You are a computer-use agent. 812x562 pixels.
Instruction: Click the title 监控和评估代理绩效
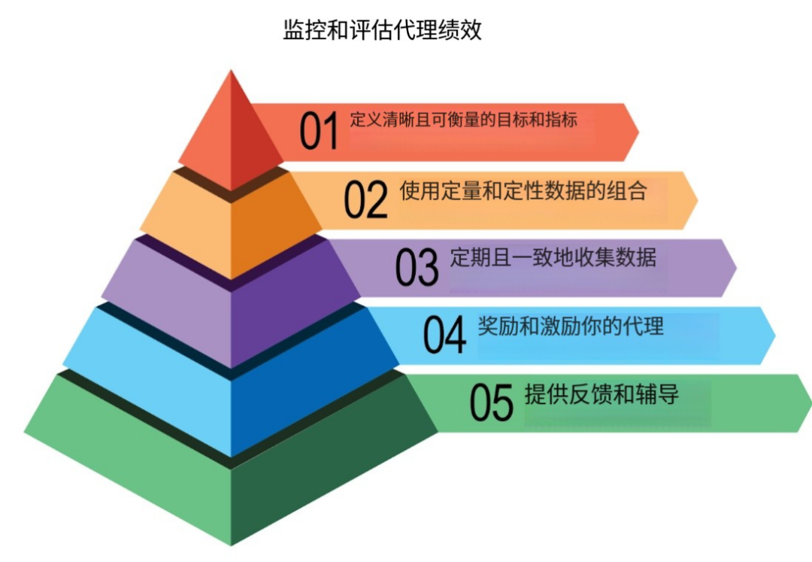coord(382,30)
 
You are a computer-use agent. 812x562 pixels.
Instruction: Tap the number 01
coord(320,131)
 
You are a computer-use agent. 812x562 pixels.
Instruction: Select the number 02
coord(366,199)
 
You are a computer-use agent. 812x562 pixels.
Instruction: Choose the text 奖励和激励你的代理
coord(571,326)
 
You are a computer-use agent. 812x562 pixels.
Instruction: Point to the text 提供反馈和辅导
coord(601,394)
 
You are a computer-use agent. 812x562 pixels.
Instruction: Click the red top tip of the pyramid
coord(229,132)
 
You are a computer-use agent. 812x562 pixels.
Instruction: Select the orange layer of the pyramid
coord(230,226)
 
